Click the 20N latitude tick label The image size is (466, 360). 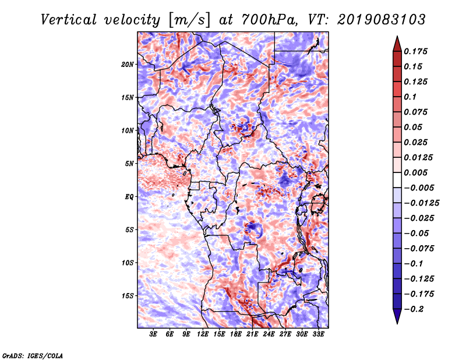(x=128, y=65)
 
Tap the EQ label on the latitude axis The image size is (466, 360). (x=129, y=197)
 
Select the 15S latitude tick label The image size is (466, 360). (x=128, y=296)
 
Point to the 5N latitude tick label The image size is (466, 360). (x=129, y=164)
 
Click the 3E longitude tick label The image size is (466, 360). (x=153, y=334)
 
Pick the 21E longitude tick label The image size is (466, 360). (x=252, y=334)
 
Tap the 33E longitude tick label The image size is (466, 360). (x=318, y=334)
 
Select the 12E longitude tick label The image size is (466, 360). (x=203, y=334)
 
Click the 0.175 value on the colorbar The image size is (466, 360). (x=415, y=51)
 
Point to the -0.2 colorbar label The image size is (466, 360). (x=414, y=309)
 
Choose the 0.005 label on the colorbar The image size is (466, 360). (x=415, y=172)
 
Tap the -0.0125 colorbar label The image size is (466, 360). (x=421, y=203)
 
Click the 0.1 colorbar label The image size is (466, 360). (x=410, y=97)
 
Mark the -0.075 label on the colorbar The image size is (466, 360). (x=419, y=249)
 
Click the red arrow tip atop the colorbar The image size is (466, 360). (x=397, y=36)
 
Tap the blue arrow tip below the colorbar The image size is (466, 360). (x=397, y=323)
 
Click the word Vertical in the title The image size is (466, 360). (x=69, y=20)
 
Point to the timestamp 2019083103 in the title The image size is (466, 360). (x=382, y=20)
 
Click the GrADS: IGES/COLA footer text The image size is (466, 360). (x=33, y=355)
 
